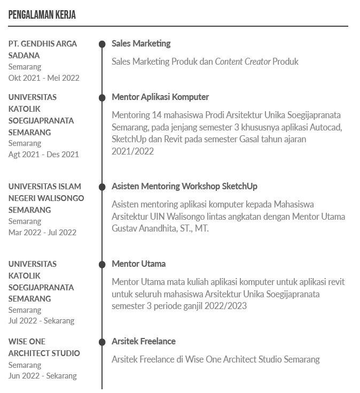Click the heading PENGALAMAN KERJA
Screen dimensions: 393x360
tap(42, 15)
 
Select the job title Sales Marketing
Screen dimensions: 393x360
tap(141, 43)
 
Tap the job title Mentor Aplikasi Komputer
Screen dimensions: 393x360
tap(160, 97)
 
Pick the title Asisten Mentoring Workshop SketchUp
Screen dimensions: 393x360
tap(184, 186)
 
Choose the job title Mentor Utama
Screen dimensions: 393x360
tap(139, 264)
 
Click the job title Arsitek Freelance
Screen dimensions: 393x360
tap(144, 341)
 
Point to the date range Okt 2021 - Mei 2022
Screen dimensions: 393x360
tap(44, 78)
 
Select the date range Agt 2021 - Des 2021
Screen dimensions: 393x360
tap(43, 155)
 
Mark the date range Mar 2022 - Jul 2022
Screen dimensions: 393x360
tap(42, 232)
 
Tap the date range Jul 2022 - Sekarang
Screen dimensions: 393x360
tap(41, 321)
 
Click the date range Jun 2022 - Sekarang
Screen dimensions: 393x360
tap(42, 376)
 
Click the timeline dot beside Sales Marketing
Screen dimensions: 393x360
tap(102, 44)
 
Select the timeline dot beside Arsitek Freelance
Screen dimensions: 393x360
tap(102, 342)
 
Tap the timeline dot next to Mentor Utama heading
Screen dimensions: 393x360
tap(102, 265)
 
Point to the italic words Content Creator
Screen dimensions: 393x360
tap(242, 61)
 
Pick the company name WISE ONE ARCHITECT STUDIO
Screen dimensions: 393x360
tap(44, 347)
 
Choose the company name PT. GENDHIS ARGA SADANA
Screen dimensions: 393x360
tap(43, 49)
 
